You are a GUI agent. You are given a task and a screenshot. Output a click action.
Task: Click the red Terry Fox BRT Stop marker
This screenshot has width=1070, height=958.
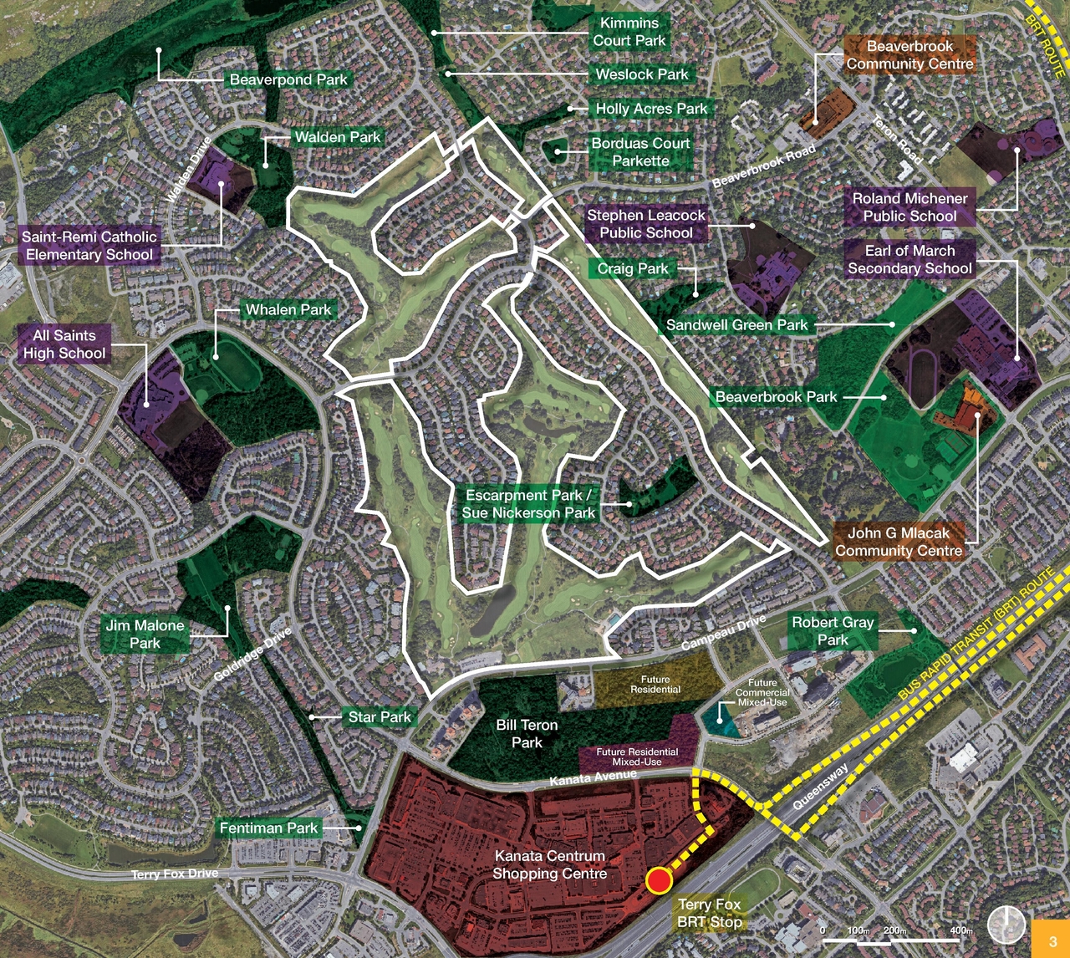659,880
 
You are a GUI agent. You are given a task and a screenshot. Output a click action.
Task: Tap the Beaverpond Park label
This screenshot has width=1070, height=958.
288,79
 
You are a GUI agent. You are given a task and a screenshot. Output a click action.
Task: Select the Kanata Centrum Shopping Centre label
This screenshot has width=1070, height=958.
549,864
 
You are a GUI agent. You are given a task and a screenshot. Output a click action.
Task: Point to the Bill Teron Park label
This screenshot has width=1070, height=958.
527,733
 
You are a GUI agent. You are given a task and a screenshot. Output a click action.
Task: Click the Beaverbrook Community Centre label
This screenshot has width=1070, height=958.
909,55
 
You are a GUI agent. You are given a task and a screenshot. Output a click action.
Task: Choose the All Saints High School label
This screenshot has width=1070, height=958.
64,344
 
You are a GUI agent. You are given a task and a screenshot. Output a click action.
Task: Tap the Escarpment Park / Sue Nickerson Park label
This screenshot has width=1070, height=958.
528,504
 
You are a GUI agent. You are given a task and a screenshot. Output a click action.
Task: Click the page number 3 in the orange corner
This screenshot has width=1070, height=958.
1052,941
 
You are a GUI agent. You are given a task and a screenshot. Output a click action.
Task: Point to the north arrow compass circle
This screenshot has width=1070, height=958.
1006,925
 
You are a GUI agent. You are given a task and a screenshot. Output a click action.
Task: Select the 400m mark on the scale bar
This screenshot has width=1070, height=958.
961,930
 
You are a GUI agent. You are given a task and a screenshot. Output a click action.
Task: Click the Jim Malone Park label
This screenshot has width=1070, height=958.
145,634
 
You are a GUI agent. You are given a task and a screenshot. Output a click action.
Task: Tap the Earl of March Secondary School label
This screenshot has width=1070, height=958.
909,259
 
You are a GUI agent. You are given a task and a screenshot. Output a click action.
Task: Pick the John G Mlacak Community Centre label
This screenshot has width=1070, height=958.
899,542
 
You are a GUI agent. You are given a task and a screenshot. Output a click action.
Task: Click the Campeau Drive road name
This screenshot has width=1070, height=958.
723,633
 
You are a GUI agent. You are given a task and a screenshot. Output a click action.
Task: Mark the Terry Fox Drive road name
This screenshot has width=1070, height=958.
175,874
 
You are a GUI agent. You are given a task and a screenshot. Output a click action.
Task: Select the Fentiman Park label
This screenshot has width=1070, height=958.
268,828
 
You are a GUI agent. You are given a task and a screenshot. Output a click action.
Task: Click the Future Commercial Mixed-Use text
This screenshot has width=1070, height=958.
762,692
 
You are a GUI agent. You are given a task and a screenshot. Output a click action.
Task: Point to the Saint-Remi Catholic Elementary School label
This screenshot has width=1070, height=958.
89,246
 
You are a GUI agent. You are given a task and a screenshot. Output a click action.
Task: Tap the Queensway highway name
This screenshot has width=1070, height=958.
820,787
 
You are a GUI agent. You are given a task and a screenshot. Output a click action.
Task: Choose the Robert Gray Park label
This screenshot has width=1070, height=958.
833,630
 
